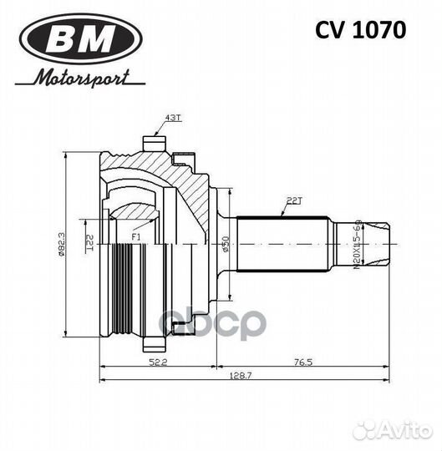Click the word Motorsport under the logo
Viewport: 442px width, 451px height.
click(x=82, y=79)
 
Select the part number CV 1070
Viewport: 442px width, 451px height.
click(x=360, y=30)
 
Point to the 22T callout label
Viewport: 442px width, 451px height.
click(x=294, y=200)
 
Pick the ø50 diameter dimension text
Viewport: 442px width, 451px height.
click(x=226, y=245)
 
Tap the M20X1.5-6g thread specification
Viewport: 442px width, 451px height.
click(x=358, y=245)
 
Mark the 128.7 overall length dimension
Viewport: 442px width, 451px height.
click(x=243, y=378)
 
